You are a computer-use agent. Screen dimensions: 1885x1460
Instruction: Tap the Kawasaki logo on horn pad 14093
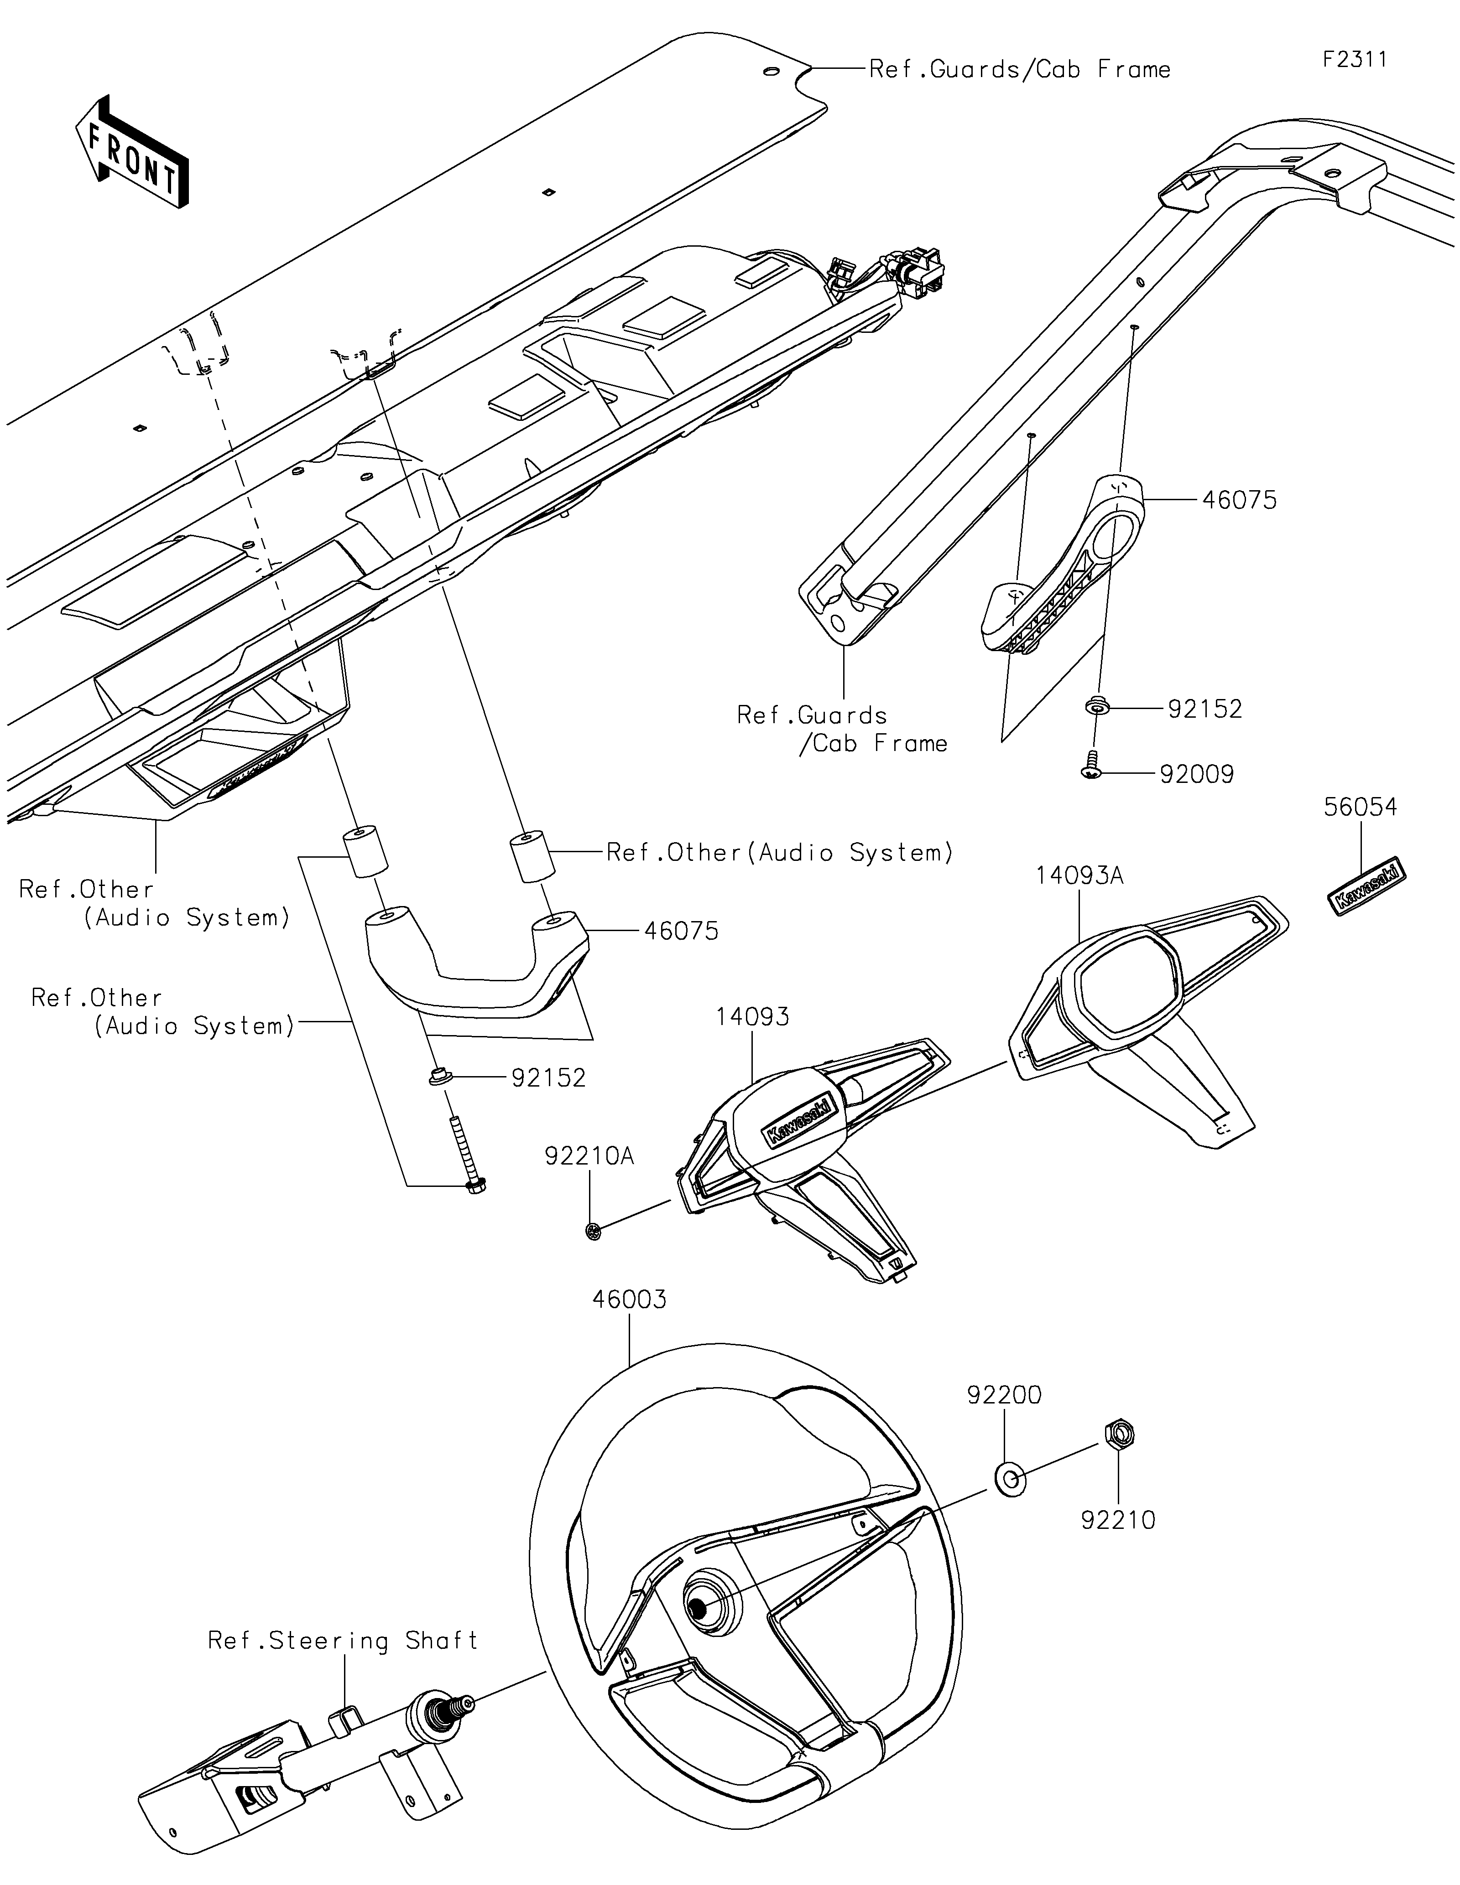point(798,1120)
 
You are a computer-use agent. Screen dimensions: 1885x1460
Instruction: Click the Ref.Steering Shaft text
point(343,1640)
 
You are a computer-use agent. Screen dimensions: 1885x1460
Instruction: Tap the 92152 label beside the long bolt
point(548,1078)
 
